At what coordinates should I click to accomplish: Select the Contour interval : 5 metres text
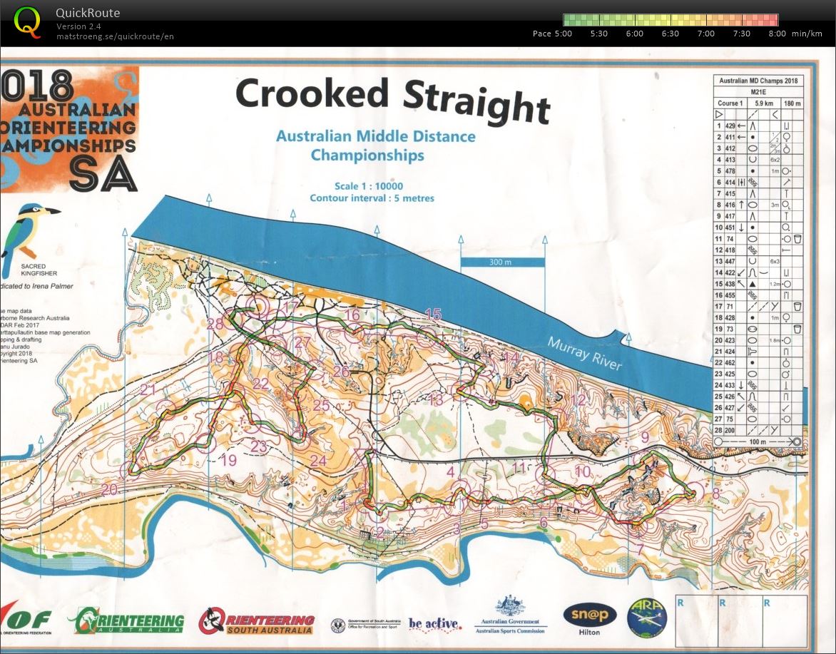(372, 198)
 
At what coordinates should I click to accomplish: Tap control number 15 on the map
(433, 314)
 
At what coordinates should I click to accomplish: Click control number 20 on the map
(109, 490)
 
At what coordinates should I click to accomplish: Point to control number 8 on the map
(715, 492)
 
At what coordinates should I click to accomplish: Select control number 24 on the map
(318, 461)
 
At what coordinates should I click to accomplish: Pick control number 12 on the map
(578, 400)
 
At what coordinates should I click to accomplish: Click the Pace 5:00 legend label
(552, 34)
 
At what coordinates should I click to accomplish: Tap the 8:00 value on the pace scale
(778, 34)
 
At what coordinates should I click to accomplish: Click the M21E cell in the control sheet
(758, 92)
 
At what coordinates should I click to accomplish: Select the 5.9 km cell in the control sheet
(759, 103)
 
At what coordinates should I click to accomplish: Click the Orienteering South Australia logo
(257, 621)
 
